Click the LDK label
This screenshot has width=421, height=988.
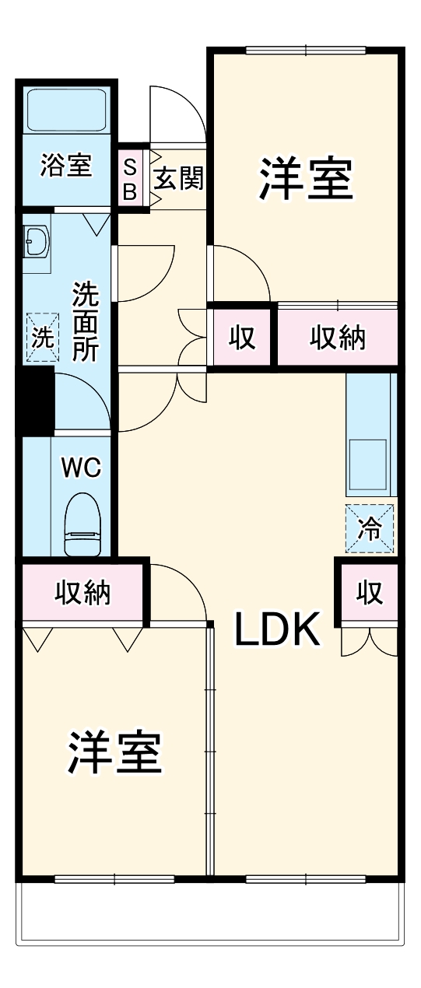[x=279, y=630]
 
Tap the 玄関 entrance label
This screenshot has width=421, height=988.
[x=178, y=178]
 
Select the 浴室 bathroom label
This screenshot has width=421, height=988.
[x=66, y=166]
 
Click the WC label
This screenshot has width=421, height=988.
[x=81, y=468]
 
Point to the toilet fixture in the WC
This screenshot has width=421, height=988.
[x=82, y=524]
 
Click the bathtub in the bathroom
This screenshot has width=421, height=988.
[x=66, y=111]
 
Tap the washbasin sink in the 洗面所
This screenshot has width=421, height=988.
[x=37, y=242]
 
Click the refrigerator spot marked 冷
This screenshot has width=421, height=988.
[x=370, y=529]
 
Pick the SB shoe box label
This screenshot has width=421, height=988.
[x=131, y=179]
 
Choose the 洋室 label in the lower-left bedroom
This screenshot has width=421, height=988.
[x=116, y=752]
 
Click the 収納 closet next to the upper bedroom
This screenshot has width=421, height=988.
[x=338, y=337]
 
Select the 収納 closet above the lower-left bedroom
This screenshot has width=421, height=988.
[x=82, y=593]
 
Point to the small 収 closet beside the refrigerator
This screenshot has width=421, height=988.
[x=370, y=593]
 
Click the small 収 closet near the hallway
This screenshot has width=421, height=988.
[x=242, y=337]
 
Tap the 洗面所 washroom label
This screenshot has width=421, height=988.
[x=85, y=321]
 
